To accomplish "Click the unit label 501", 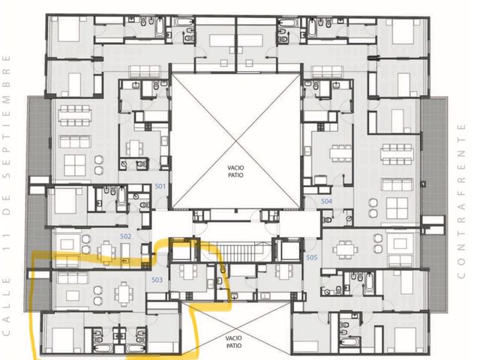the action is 160,186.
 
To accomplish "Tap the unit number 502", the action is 125,236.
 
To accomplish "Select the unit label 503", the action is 157,280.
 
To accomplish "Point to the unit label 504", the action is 326,202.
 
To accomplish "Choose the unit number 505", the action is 312,258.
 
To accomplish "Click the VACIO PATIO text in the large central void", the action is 235,172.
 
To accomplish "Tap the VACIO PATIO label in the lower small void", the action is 234,342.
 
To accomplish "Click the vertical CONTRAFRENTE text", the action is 461,201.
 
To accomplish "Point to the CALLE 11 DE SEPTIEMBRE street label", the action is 7,195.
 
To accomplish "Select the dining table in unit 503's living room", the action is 123,294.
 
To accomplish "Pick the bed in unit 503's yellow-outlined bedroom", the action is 63,340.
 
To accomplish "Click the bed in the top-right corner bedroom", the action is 403,31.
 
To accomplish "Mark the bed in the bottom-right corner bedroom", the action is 405,340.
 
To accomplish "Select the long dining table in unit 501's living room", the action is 75,115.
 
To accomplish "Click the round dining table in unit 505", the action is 345,250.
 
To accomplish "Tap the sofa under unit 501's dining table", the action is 75,142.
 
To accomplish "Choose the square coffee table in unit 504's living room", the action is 397,208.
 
